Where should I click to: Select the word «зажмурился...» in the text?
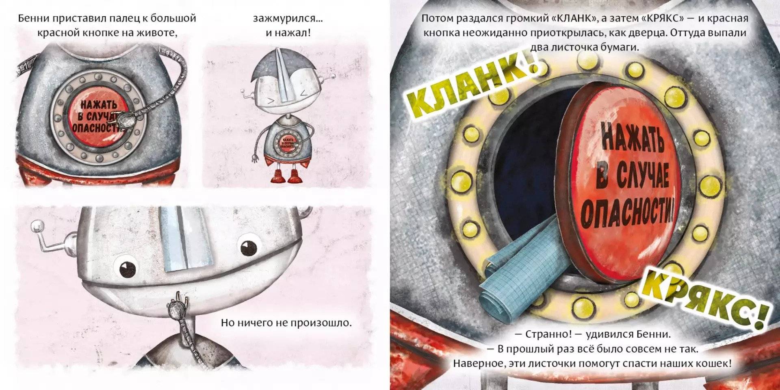click(x=288, y=18)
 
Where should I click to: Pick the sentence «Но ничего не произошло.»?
click(x=286, y=323)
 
